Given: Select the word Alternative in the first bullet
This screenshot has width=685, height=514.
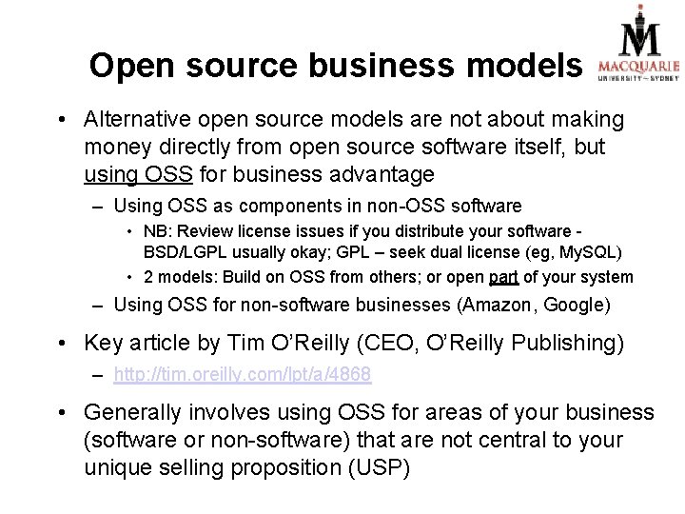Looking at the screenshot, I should pos(137,120).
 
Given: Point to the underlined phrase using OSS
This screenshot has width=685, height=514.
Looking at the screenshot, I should pos(138,175).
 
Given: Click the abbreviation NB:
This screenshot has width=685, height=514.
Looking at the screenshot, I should pos(158,231).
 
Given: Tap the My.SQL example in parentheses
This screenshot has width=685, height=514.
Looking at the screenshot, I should pos(592,253).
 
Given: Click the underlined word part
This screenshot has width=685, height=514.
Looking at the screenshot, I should pos(504,277).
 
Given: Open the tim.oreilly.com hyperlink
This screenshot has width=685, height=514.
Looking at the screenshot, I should pos(242,376).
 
